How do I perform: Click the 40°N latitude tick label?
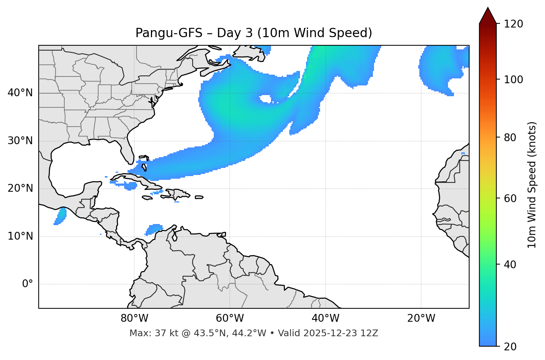(x=20, y=93)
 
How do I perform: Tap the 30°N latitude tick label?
(x=20, y=141)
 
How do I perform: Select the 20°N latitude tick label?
(x=20, y=188)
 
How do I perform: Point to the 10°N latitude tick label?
(x=20, y=236)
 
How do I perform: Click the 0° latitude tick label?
(x=27, y=284)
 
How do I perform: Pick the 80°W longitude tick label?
(x=134, y=318)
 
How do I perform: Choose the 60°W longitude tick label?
(x=230, y=318)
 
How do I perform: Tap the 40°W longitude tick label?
(x=325, y=318)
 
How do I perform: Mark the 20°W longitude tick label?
(x=421, y=318)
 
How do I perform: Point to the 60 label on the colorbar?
(x=511, y=198)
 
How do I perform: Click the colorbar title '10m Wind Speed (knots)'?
(x=532, y=185)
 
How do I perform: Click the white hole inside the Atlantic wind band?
(x=266, y=99)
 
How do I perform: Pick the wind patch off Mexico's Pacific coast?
(x=61, y=215)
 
